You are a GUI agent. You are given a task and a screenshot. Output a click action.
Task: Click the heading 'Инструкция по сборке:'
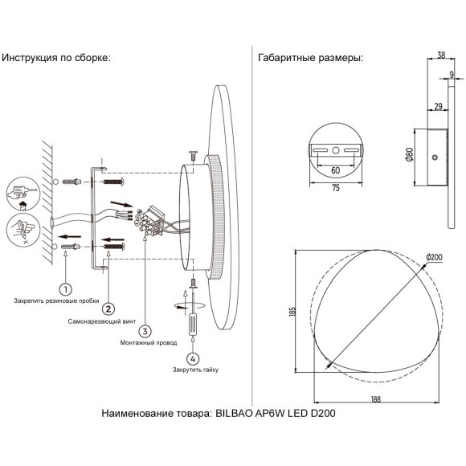point(55,58)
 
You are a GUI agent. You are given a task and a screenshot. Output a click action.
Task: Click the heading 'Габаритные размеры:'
point(310,58)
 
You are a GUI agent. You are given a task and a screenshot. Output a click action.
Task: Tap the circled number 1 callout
point(66,286)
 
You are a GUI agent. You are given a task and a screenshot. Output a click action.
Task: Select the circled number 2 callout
point(108,308)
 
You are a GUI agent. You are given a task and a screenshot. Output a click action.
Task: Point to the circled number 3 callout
point(145,329)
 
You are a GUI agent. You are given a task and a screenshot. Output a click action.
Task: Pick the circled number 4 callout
point(192,358)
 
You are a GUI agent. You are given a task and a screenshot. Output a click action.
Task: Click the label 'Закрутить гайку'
point(194,370)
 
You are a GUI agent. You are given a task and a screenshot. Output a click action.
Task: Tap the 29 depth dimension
point(437,105)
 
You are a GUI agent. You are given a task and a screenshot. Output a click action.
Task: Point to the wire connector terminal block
point(150,219)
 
